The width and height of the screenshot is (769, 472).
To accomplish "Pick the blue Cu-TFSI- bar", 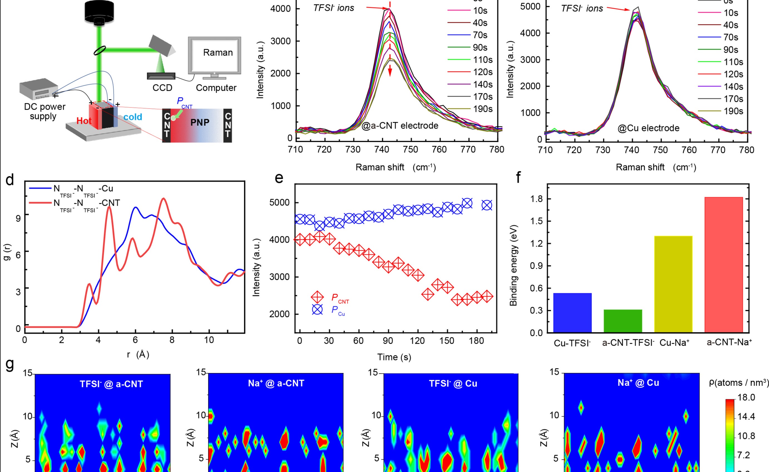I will (x=572, y=313).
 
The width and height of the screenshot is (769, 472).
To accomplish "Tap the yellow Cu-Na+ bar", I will (x=673, y=284).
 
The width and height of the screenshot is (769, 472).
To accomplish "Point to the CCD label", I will (x=162, y=88).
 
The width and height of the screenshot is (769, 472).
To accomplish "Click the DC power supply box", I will (x=39, y=89).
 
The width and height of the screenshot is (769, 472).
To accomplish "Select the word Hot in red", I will (x=84, y=121).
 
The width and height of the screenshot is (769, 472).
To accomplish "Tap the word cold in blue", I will (x=133, y=117).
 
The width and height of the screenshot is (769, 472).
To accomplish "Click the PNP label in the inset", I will (x=200, y=122).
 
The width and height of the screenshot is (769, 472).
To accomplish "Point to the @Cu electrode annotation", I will (x=648, y=128).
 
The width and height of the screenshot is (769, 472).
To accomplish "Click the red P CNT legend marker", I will (x=317, y=297).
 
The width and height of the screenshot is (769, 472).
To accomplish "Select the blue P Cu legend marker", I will (x=317, y=310).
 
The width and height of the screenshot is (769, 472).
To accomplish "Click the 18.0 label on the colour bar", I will (x=746, y=397).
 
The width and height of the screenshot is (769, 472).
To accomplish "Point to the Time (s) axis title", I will (x=394, y=357).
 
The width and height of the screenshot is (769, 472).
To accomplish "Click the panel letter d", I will (x=10, y=180).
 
